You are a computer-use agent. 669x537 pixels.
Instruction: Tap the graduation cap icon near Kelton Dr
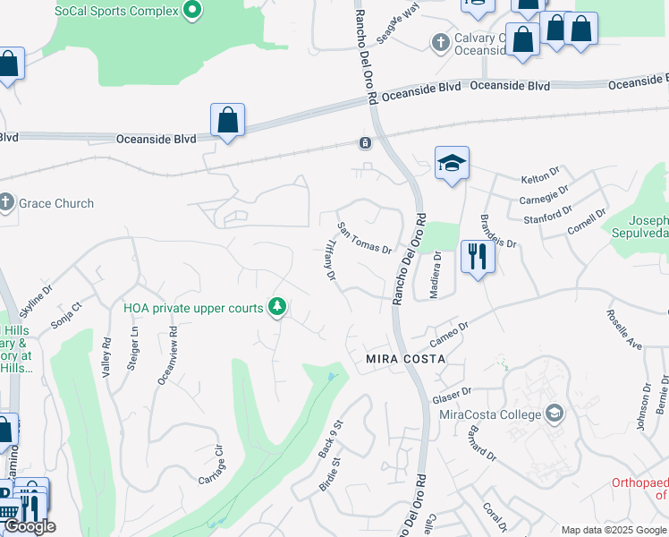(x=452, y=163)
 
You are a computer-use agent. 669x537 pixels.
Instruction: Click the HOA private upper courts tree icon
(x=278, y=308)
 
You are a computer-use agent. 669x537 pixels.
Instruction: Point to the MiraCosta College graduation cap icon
(x=555, y=413)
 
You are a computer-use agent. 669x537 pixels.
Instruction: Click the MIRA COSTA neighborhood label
(x=404, y=358)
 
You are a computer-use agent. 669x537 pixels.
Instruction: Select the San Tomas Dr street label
(x=364, y=238)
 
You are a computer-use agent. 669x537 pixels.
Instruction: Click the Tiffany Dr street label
(x=329, y=262)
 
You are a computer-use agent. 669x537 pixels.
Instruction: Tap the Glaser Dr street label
(x=452, y=395)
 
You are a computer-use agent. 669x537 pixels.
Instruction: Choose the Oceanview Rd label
(x=167, y=354)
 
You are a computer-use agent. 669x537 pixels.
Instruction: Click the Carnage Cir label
(x=210, y=464)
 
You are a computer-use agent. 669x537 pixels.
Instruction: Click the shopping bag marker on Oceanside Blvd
(x=227, y=121)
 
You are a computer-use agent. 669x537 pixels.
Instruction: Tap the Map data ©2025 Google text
(x=614, y=530)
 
